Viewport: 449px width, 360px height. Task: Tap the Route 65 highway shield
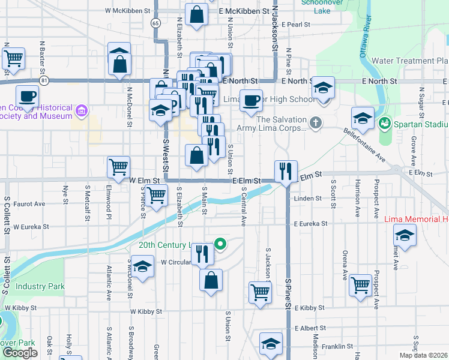coord(155,23)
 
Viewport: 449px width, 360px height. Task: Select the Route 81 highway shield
coord(44,80)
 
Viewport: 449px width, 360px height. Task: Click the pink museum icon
coord(82,110)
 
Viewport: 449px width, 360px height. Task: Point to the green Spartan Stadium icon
coord(384,124)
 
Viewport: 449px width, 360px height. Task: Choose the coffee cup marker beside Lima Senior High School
coord(251,100)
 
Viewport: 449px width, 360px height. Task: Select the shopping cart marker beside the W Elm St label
coord(119,167)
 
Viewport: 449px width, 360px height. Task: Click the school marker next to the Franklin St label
coord(271,344)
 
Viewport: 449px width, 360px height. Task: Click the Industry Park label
coord(40,287)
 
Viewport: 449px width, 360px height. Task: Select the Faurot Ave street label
coord(29,204)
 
